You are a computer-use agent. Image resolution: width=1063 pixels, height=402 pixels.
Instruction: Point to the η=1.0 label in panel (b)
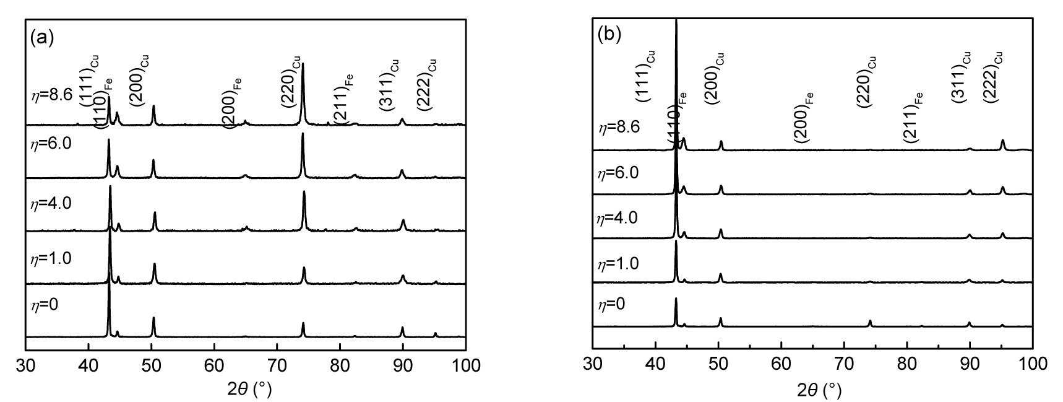[x=618, y=264]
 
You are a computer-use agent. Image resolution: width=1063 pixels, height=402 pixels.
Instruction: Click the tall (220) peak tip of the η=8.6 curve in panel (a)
[x=303, y=64]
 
